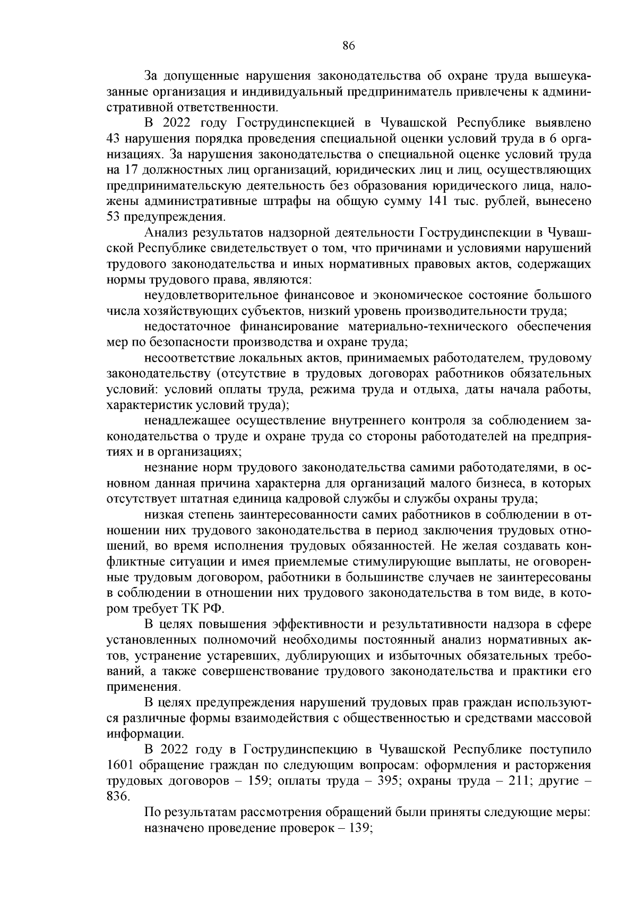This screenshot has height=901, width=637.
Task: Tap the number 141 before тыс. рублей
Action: (438, 202)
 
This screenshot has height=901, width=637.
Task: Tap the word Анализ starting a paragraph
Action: (166, 233)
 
